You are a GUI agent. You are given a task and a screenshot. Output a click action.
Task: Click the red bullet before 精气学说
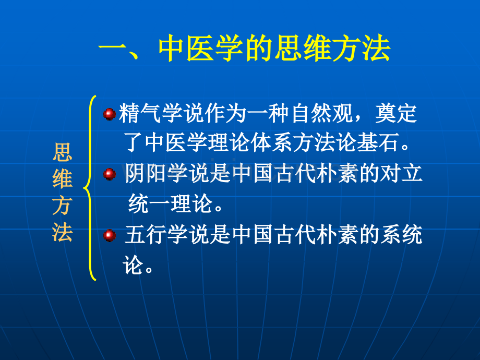point(109,114)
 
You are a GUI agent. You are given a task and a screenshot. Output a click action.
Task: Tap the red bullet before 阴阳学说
point(109,174)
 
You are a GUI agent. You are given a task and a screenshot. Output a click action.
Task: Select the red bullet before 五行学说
point(109,235)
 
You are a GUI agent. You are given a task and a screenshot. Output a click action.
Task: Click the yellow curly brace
point(90,188)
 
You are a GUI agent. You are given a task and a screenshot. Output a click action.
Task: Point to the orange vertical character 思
point(63,152)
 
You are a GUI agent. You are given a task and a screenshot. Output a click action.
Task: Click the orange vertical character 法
point(63,232)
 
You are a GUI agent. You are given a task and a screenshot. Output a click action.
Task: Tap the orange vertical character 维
point(63,179)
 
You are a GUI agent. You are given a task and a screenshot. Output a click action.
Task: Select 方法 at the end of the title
point(362,49)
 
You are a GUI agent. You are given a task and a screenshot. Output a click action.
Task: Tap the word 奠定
point(396,114)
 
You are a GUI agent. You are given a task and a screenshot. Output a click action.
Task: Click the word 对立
point(401,173)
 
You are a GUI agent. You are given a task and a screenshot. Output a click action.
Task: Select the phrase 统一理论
point(171,203)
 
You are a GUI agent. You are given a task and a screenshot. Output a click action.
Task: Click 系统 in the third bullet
point(401,235)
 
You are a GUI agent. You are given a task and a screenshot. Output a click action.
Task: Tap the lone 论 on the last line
point(133,265)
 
